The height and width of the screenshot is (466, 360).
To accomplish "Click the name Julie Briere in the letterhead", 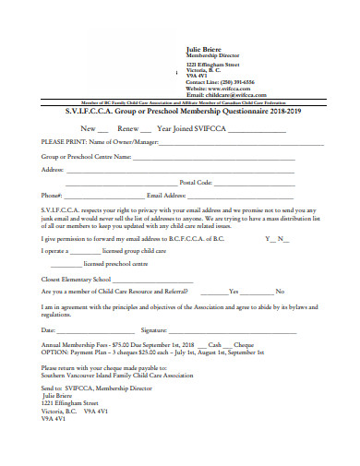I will point(205,48).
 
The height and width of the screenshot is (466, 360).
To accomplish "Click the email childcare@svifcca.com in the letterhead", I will point(234,94).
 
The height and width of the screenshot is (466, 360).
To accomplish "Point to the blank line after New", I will point(102,128).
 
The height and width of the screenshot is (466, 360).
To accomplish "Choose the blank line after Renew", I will point(146,128).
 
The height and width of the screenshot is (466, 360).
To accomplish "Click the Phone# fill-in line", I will point(83,196).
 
